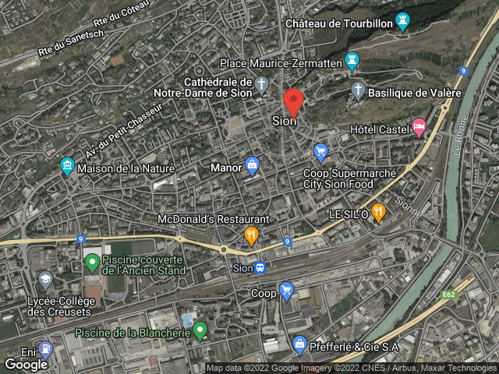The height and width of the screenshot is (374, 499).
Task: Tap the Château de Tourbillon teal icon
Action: pyautogui.click(x=402, y=20)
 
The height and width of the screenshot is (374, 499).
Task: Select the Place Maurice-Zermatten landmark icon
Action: pyautogui.click(x=353, y=60)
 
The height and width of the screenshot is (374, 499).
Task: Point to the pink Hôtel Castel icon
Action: pyautogui.click(x=419, y=125)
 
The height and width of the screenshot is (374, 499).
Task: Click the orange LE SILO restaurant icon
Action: pyautogui.click(x=378, y=210)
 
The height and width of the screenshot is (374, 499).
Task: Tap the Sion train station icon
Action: pyautogui.click(x=260, y=268)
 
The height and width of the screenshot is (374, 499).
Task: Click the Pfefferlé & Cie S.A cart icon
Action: pyautogui.click(x=299, y=343)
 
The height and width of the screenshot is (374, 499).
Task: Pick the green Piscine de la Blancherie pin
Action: pyautogui.click(x=200, y=330)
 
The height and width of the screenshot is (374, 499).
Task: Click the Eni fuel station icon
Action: pyautogui.click(x=45, y=348)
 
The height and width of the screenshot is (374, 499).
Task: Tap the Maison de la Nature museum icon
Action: pyautogui.click(x=67, y=165)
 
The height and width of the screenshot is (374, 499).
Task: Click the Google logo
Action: pyautogui.click(x=26, y=364)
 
